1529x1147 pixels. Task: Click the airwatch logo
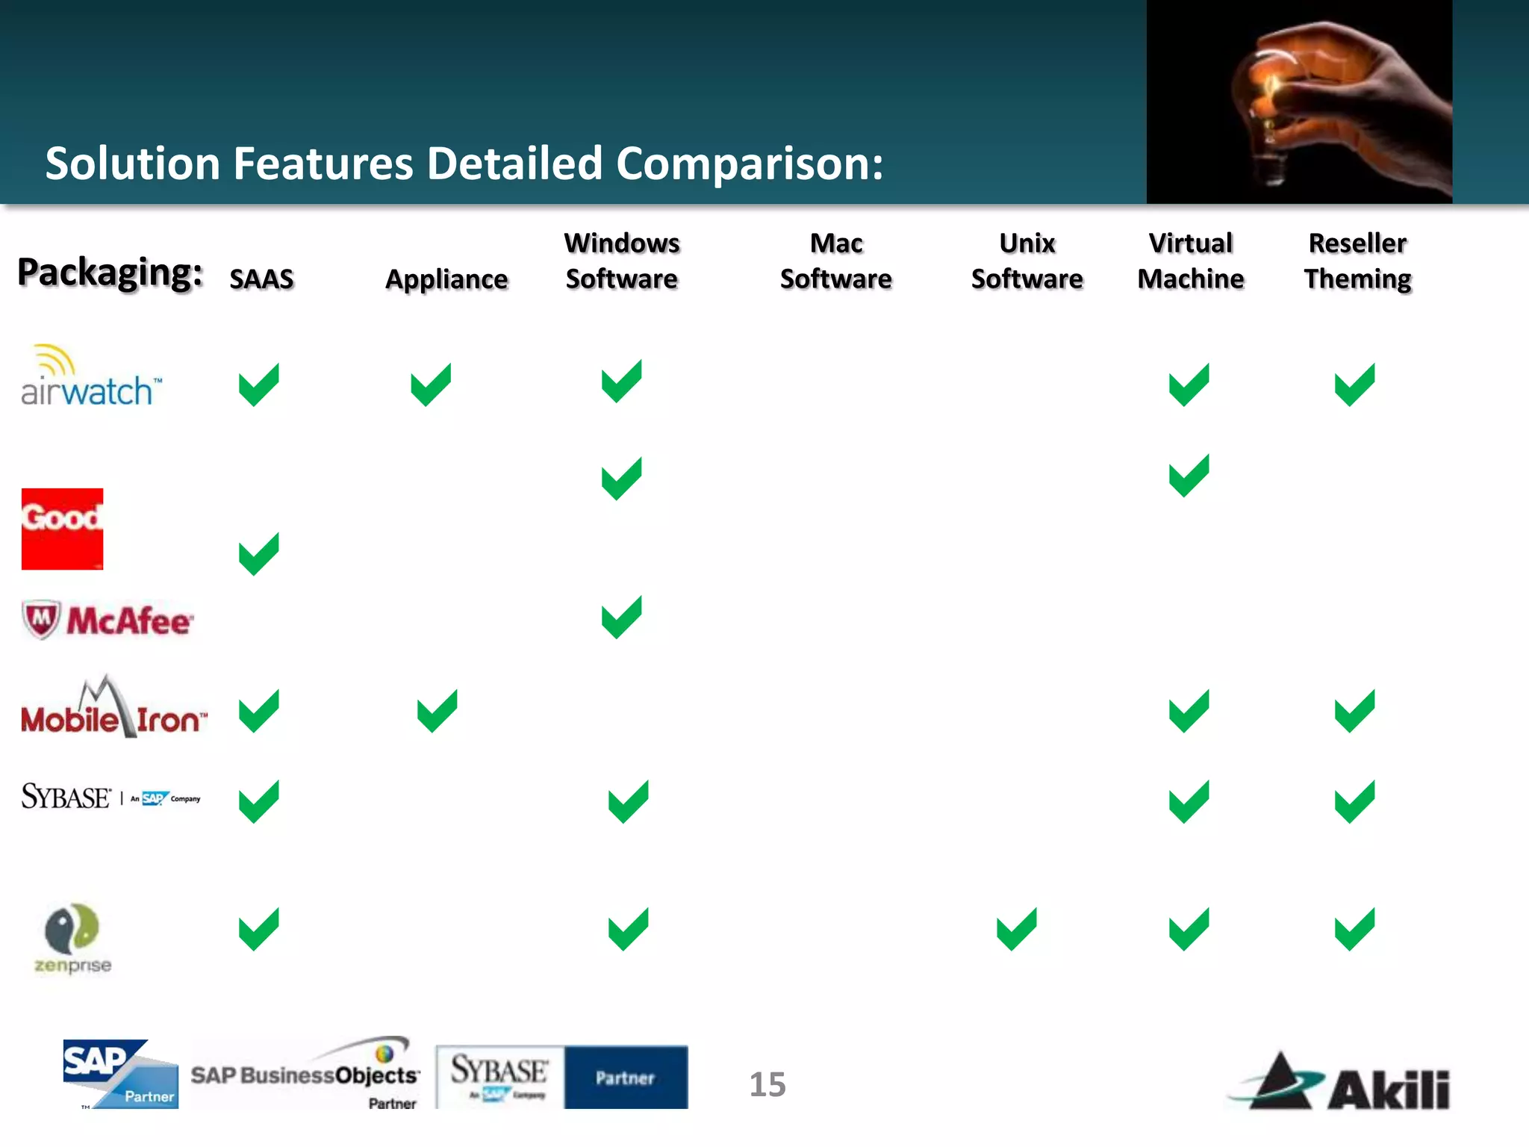tap(90, 377)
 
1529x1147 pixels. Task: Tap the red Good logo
tap(62, 529)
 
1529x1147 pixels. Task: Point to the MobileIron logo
tap(113, 709)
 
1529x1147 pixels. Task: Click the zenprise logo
tap(72, 938)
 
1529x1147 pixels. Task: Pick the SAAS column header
tap(261, 279)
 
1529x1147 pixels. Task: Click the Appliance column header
tap(446, 279)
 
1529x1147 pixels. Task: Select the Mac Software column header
tap(836, 261)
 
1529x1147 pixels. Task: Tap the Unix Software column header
tap(1027, 261)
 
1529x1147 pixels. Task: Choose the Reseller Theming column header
tap(1357, 261)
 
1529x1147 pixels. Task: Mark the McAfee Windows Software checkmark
tap(621, 617)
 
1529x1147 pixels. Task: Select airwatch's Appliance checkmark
tap(431, 384)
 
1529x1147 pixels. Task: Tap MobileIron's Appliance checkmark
tap(437, 710)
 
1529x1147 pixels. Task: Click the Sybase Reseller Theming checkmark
tap(1354, 801)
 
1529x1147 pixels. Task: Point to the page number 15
tap(767, 1084)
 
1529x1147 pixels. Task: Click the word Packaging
tap(110, 273)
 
